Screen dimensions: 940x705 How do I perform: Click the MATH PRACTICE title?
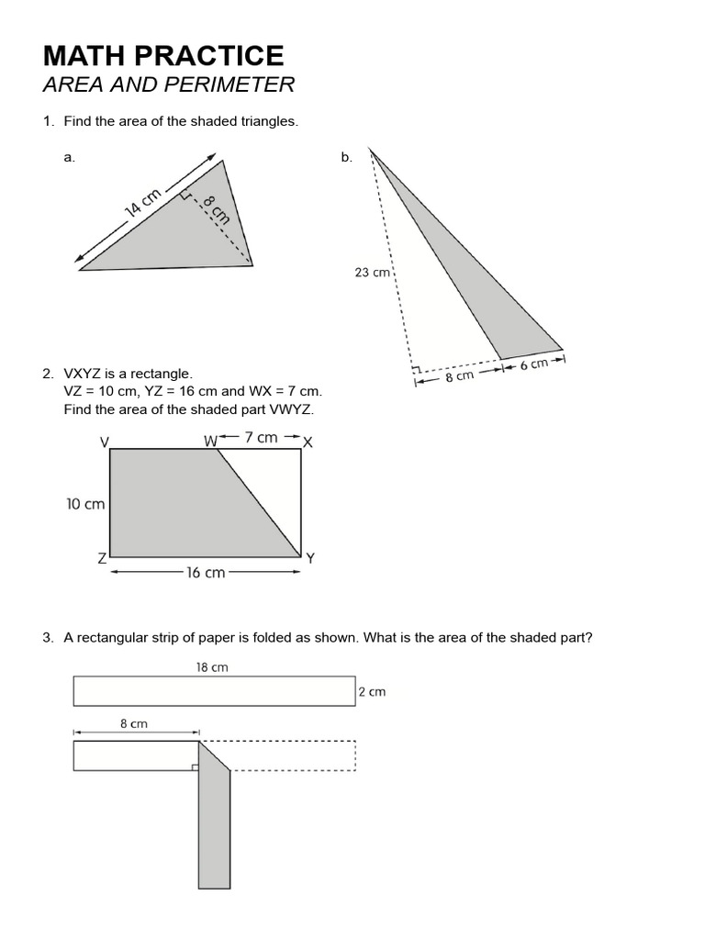click(163, 56)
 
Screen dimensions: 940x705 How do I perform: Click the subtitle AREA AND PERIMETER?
click(169, 85)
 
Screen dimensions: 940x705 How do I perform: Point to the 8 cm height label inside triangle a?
click(215, 211)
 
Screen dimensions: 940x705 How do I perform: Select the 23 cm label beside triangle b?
click(373, 272)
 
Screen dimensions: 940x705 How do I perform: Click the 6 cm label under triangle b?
click(533, 364)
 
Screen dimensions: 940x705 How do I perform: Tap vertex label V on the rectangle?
click(105, 442)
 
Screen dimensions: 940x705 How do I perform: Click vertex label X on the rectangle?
click(308, 442)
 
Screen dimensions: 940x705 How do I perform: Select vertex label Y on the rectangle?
click(310, 558)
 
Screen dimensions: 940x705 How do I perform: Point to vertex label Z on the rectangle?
click(102, 558)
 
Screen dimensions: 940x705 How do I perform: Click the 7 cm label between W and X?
click(261, 438)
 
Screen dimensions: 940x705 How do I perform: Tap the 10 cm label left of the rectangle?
click(85, 504)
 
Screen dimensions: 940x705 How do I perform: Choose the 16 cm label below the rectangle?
click(206, 573)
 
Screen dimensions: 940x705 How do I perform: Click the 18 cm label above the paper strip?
click(212, 667)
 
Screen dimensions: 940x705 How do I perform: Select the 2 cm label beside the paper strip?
click(372, 692)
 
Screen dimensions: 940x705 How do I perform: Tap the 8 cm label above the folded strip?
click(134, 723)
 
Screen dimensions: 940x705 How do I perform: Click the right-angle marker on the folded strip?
click(195, 767)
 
